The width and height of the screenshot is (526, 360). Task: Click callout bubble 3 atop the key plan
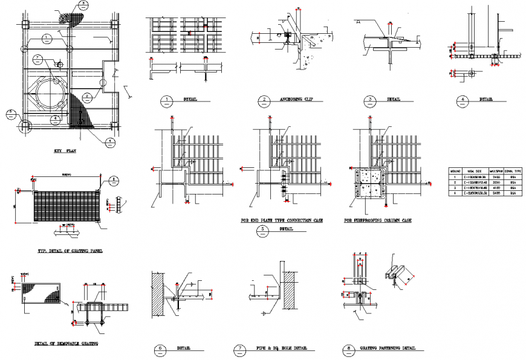[83, 4]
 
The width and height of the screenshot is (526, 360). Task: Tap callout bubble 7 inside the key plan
[37, 59]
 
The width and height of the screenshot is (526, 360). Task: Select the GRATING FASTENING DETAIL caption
[388, 349]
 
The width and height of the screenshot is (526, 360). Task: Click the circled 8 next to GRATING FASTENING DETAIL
[349, 349]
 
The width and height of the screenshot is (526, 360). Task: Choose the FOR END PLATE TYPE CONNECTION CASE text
[282, 221]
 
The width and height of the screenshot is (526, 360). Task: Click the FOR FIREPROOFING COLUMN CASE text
[378, 221]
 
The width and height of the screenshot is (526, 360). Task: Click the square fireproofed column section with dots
[369, 184]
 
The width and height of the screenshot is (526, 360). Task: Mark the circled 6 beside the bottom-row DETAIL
[160, 349]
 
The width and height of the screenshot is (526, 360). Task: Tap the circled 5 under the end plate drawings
[262, 229]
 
